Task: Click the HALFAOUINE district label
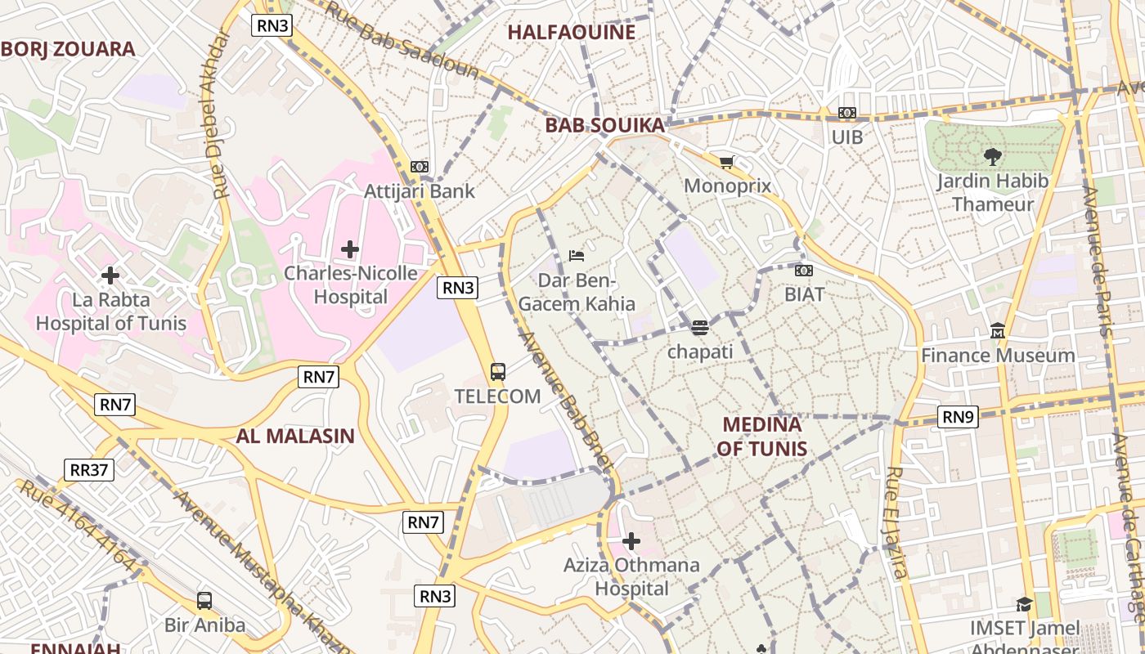pyautogui.click(x=571, y=33)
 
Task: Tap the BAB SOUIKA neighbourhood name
pyautogui.click(x=604, y=126)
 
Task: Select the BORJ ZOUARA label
pyautogui.click(x=68, y=49)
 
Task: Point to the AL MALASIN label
pyautogui.click(x=295, y=436)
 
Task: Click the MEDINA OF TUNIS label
pyautogui.click(x=761, y=437)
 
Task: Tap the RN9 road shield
pyautogui.click(x=958, y=417)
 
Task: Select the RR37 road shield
pyautogui.click(x=89, y=470)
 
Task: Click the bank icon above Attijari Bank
pyautogui.click(x=420, y=167)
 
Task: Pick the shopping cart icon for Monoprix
pyautogui.click(x=726, y=162)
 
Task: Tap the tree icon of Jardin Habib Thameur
pyautogui.click(x=992, y=156)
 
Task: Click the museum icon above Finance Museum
pyautogui.click(x=998, y=331)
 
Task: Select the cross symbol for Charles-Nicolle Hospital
pyautogui.click(x=350, y=249)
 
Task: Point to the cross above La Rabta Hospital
pyautogui.click(x=110, y=275)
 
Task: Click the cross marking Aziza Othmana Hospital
pyautogui.click(x=631, y=540)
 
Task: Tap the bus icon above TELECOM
pyautogui.click(x=497, y=372)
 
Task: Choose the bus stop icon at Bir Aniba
pyautogui.click(x=204, y=601)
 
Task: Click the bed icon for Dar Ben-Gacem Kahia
pyautogui.click(x=577, y=256)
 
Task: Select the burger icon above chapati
pyautogui.click(x=699, y=328)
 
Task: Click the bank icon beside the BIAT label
pyautogui.click(x=804, y=270)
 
